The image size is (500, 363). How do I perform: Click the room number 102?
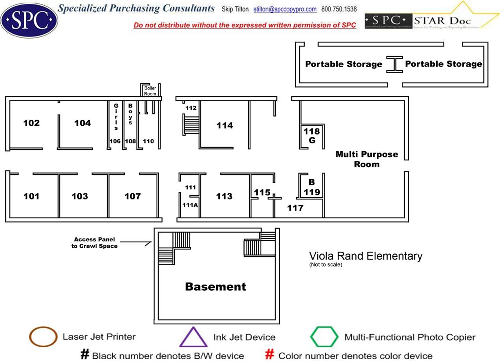tap(31, 123)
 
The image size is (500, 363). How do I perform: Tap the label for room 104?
tap(82, 123)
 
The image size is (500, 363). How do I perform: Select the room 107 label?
tap(132, 196)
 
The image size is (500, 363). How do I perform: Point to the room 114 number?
tap(225, 126)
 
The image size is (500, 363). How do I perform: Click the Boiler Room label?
tap(150, 91)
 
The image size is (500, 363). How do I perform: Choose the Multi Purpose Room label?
tap(367, 159)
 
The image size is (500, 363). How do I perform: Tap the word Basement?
tap(215, 287)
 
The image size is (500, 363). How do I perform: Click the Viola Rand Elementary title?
tap(365, 256)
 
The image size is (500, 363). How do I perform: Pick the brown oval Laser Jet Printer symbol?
tap(43, 337)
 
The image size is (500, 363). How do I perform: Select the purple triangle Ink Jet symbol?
tap(193, 338)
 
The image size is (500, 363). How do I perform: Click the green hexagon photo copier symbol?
tap(324, 337)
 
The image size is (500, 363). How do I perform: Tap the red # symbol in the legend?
tap(270, 355)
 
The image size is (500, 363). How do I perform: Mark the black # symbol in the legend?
tap(85, 355)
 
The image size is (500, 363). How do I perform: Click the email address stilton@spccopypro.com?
tap(285, 9)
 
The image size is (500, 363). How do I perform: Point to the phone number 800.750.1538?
tap(339, 9)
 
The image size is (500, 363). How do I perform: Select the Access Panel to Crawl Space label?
tap(95, 242)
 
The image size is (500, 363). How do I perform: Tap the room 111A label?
tap(189, 205)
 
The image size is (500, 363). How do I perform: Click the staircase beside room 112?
tap(190, 125)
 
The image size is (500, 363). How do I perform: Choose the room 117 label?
tap(295, 208)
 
